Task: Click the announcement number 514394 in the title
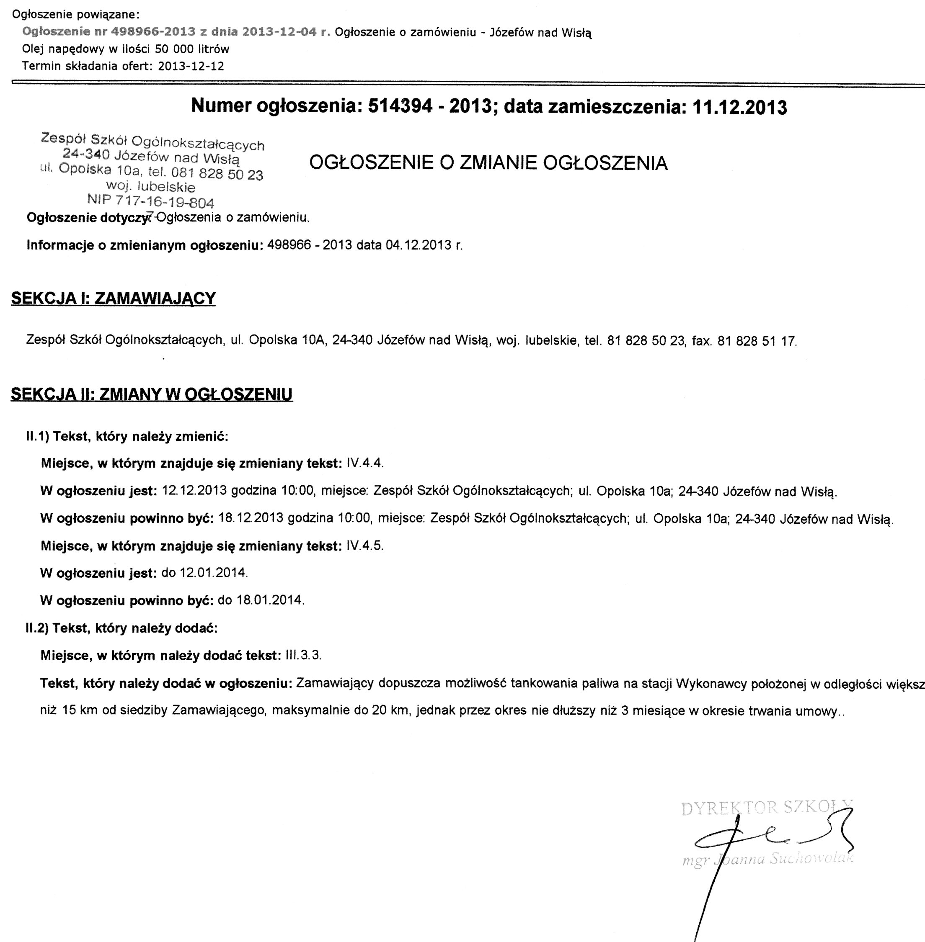400,106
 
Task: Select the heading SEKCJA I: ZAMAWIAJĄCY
113,299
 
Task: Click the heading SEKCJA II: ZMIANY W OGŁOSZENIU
152,394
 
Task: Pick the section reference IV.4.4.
365,463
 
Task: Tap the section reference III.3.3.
304,656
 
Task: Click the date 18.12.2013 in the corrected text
251,518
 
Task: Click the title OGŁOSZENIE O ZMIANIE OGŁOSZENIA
488,163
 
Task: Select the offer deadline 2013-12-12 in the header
191,66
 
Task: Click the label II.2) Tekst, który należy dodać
121,628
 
